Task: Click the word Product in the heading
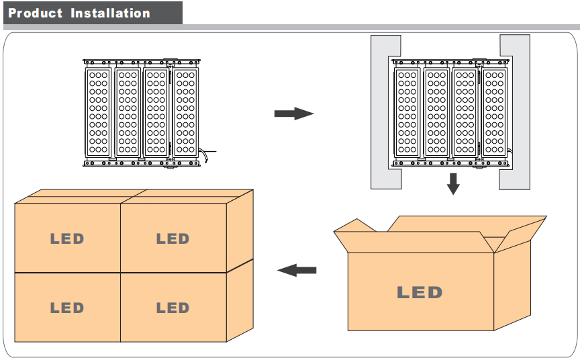coord(36,13)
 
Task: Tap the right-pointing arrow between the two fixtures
coord(293,114)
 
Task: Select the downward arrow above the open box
coord(453,183)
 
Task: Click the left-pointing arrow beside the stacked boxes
coord(297,270)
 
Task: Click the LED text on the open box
coord(420,292)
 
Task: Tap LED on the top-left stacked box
coord(67,238)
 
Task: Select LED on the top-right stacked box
coord(173,238)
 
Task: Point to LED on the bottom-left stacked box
coord(67,308)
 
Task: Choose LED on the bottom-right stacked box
coord(173,308)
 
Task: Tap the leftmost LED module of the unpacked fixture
coord(99,111)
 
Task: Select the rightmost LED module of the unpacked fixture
coord(185,111)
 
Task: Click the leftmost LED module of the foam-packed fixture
coord(407,111)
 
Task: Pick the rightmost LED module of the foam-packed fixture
coord(495,111)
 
